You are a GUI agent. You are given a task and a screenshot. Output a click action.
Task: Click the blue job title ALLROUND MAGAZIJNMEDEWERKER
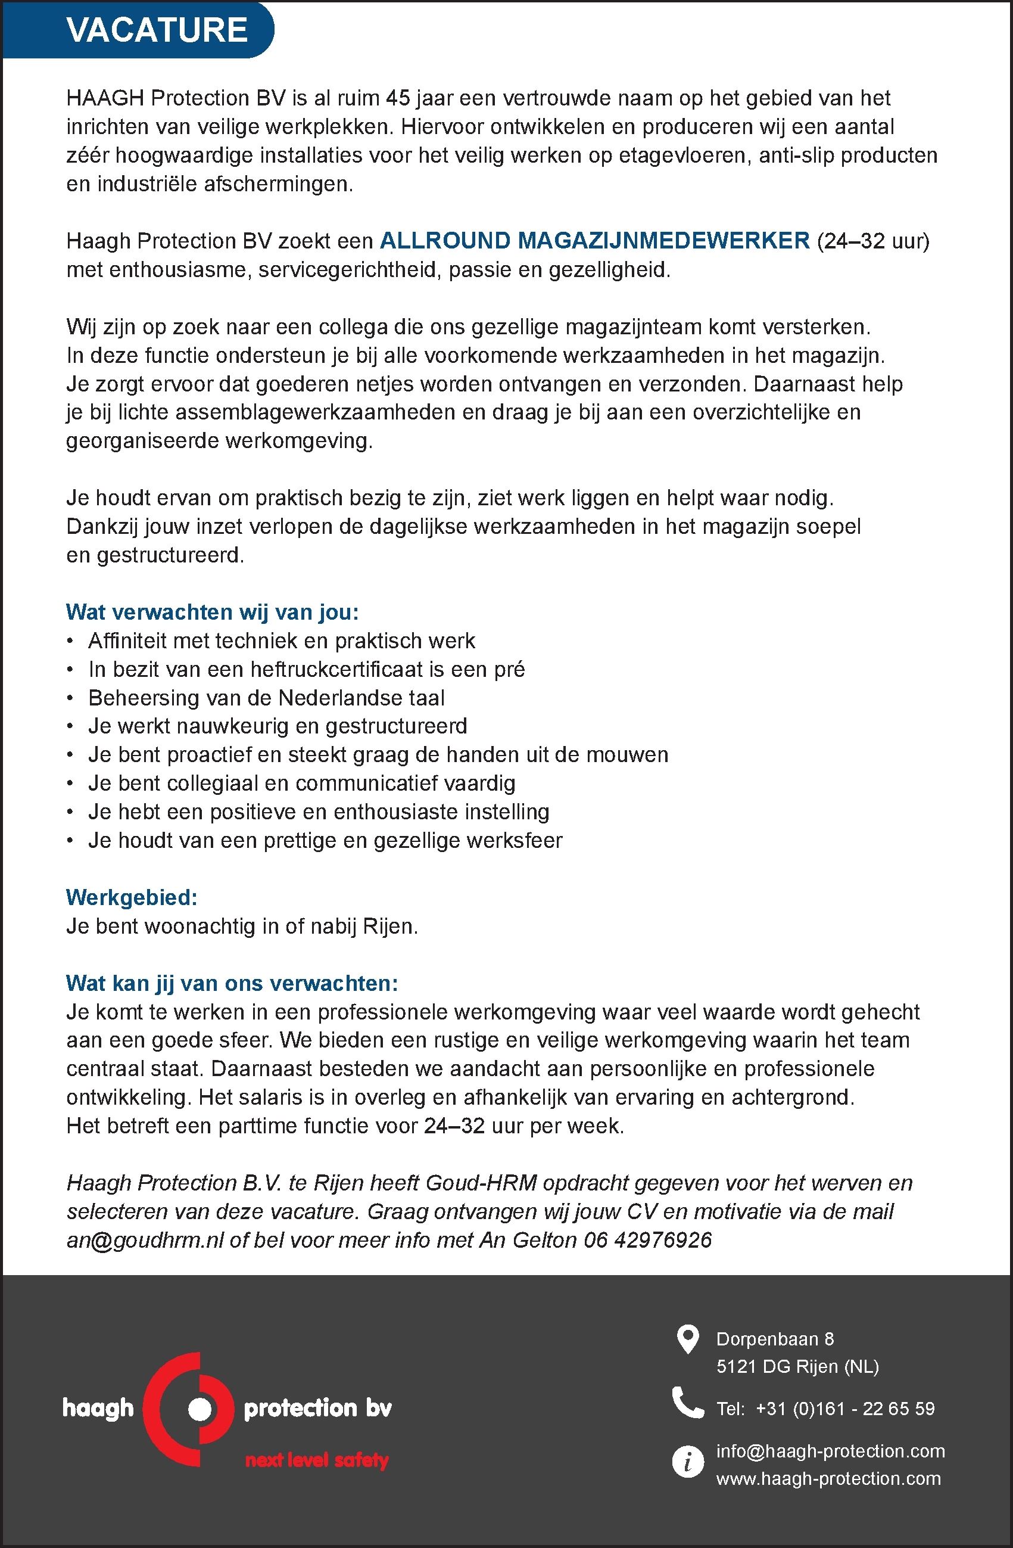point(594,241)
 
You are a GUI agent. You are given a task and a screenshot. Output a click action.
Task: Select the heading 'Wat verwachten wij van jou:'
point(212,612)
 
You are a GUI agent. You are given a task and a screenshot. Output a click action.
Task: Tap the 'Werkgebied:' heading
point(132,897)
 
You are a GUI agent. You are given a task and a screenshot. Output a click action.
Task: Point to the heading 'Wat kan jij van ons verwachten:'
point(232,983)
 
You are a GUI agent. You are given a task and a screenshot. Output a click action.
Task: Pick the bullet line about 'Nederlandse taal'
point(267,698)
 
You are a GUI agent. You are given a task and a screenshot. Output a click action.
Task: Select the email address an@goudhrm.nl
point(145,1241)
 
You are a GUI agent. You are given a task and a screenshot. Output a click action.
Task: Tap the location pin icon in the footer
point(687,1339)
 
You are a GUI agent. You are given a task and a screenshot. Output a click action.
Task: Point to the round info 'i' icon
point(687,1462)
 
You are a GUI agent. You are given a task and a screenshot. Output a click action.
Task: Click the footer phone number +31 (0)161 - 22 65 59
point(844,1409)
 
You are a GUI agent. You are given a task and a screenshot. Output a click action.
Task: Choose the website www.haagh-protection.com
point(828,1478)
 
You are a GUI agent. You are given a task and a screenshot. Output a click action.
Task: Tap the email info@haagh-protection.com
point(830,1451)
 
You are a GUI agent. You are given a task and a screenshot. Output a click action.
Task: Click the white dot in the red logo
point(200,1409)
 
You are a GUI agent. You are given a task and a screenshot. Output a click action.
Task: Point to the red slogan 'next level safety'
point(317,1460)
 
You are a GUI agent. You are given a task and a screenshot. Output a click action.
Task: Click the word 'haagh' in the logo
point(98,1408)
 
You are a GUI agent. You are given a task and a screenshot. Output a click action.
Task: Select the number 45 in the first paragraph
point(398,98)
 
